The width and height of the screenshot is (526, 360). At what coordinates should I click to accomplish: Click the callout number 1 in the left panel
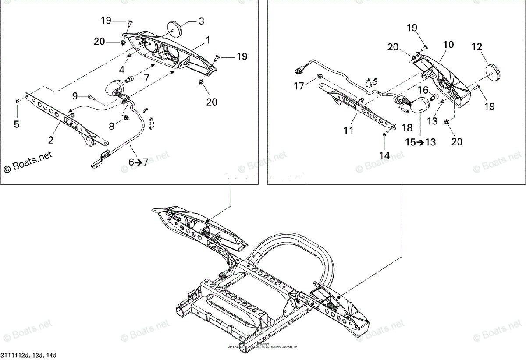208,40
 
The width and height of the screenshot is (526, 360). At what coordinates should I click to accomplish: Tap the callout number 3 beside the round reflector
201,21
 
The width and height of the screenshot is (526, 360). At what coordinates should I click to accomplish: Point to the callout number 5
17,124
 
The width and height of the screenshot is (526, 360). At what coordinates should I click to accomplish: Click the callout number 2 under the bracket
51,140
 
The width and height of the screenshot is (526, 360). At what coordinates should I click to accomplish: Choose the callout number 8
111,126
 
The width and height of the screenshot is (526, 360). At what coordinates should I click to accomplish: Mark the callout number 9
75,95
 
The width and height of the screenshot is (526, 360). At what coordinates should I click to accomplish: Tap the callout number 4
122,69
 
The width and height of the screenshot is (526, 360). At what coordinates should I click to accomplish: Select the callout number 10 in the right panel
448,45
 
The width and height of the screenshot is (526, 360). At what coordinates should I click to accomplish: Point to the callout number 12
476,46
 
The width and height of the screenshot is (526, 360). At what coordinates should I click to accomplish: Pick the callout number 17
299,86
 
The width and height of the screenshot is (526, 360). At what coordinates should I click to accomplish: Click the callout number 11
348,130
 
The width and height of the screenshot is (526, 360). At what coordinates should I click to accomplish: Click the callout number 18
407,127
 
